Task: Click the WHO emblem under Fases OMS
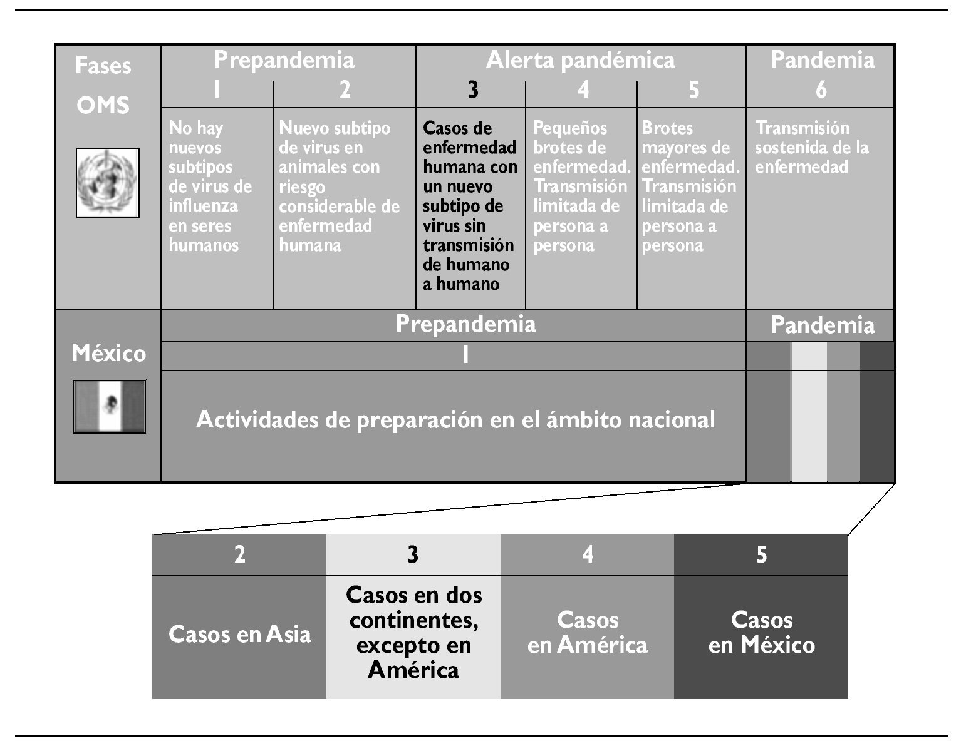point(108,183)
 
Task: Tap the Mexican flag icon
point(110,406)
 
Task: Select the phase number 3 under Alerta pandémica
point(473,91)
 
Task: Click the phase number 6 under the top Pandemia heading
point(821,91)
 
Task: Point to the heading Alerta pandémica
point(581,60)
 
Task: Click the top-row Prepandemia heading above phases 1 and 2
point(284,60)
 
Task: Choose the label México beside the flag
point(108,354)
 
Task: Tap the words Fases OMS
point(103,85)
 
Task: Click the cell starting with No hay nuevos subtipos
point(210,186)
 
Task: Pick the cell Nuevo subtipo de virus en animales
point(339,186)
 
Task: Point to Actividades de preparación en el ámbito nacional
point(455,419)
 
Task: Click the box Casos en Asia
point(239,635)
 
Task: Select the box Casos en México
point(761,633)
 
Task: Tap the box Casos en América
point(587,633)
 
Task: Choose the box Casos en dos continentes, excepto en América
point(413,633)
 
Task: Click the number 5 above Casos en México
point(761,555)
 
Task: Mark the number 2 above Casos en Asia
point(239,555)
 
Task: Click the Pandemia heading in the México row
point(822,326)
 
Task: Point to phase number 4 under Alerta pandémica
point(583,91)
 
